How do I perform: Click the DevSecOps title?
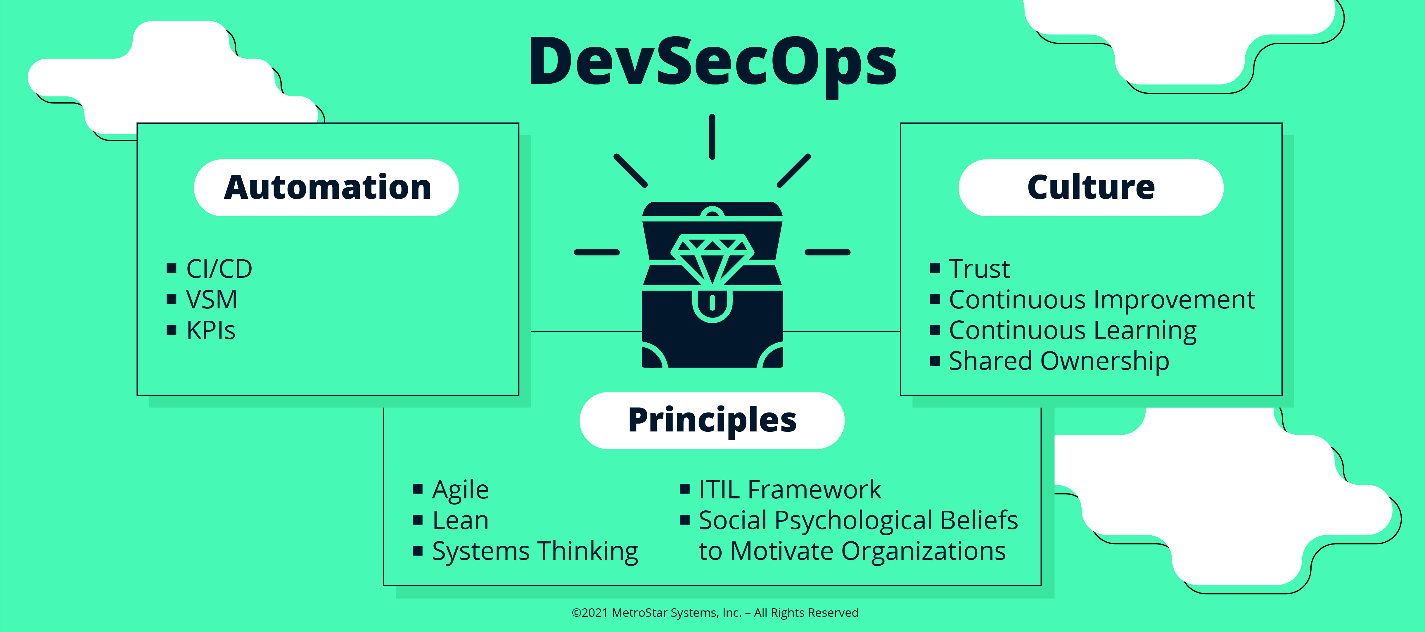click(x=712, y=64)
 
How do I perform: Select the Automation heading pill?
click(x=326, y=188)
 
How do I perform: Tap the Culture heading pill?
click(x=1091, y=188)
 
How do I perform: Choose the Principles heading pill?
click(x=712, y=421)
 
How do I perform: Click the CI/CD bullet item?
click(x=219, y=269)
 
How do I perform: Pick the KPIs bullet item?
click(x=211, y=330)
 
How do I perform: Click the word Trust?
click(x=979, y=269)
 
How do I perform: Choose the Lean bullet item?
click(x=460, y=520)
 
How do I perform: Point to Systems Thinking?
click(x=535, y=552)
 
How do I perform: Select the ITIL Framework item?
click(x=790, y=490)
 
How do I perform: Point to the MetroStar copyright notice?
click(x=715, y=613)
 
